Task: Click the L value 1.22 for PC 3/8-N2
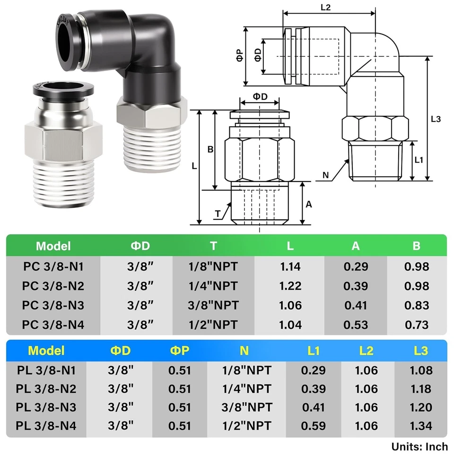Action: click(290, 286)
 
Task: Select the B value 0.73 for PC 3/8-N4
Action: click(416, 324)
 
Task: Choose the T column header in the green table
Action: click(214, 246)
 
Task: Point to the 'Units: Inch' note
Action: click(419, 446)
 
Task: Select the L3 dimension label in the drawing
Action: click(436, 119)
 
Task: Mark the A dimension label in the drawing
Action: click(309, 204)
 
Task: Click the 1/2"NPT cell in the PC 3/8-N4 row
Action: click(214, 324)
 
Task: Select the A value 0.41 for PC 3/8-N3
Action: click(356, 305)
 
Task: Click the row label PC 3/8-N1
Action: click(53, 266)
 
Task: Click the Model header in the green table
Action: click(53, 246)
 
